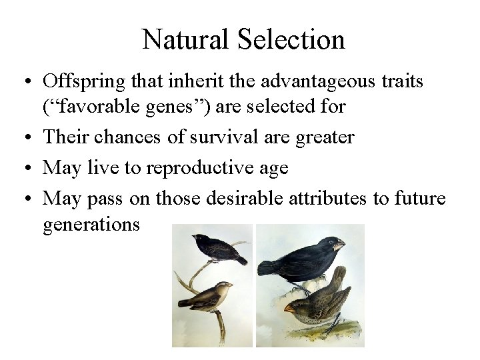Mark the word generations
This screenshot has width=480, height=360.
pyautogui.click(x=91, y=225)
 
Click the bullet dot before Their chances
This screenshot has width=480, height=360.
pyautogui.click(x=25, y=138)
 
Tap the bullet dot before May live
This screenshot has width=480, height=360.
pyautogui.click(x=25, y=167)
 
